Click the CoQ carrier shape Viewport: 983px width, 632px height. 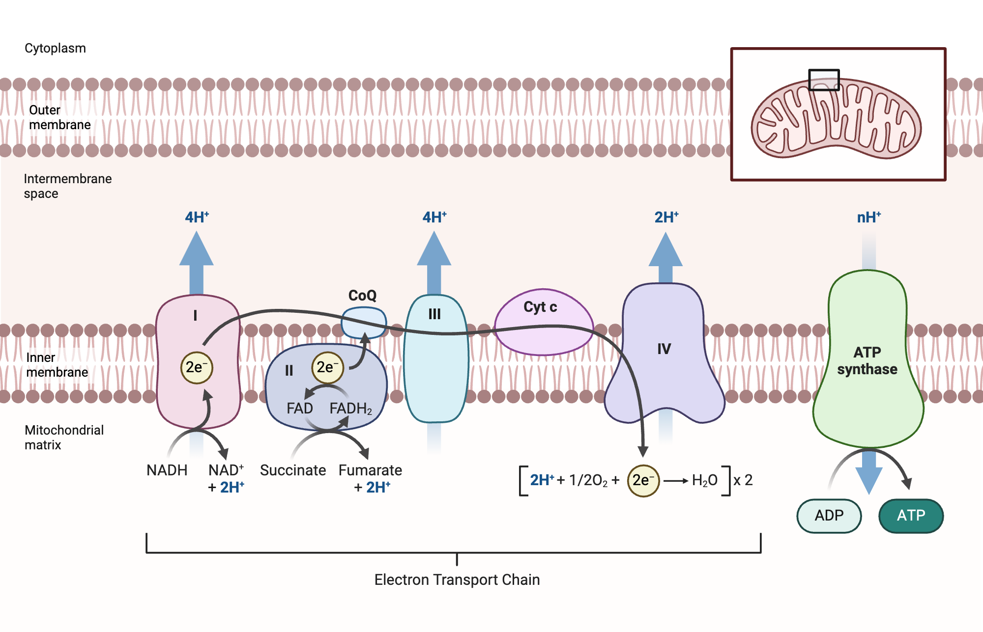364,323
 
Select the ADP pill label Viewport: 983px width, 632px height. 829,516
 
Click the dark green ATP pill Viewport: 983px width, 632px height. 911,516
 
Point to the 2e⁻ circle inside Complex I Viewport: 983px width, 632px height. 197,367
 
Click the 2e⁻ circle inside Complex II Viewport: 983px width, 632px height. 327,367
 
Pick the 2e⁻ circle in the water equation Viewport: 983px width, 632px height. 643,480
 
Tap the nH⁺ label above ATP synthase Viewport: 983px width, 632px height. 868,218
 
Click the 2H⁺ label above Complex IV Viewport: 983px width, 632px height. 666,218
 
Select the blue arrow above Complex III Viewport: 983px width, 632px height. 434,260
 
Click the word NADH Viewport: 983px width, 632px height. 167,470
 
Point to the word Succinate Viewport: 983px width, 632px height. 293,470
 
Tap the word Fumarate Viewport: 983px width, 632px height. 370,470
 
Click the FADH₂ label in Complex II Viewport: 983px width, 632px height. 350,409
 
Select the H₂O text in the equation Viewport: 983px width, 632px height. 704,480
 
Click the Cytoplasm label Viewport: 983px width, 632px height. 55,48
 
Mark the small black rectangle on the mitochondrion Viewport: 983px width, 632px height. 824,80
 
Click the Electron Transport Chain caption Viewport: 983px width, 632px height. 457,579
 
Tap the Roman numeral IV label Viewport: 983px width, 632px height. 664,349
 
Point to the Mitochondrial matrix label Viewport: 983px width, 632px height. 64,437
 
